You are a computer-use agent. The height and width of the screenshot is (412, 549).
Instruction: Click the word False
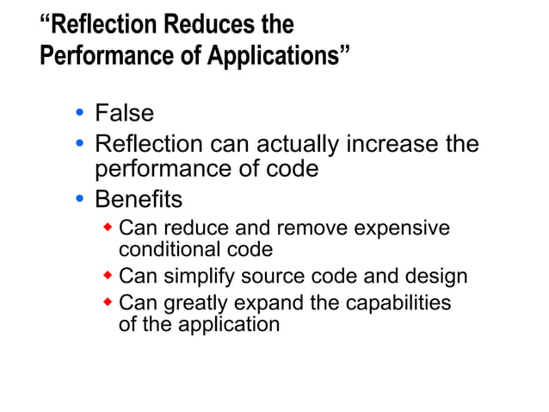click(x=124, y=113)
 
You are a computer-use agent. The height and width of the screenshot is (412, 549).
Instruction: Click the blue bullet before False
click(x=79, y=113)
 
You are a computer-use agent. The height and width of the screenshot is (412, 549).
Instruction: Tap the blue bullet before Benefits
click(x=79, y=199)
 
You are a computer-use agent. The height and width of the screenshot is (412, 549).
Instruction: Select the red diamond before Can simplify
click(x=108, y=276)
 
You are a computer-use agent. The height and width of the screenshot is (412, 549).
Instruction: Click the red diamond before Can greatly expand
click(x=108, y=303)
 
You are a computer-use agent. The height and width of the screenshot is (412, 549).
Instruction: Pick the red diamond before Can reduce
click(x=108, y=228)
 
